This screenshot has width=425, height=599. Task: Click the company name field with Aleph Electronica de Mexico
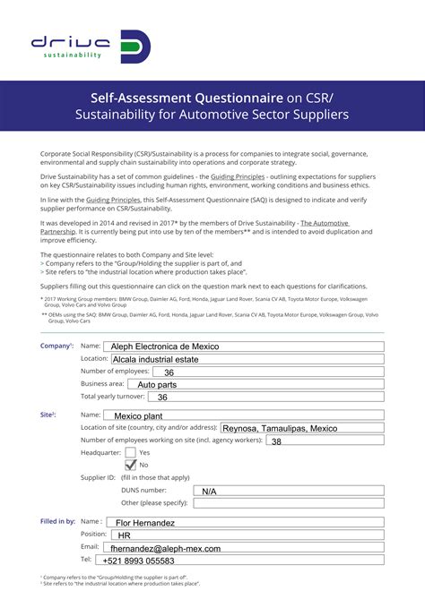click(x=242, y=346)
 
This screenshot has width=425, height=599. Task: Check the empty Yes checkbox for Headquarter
click(x=131, y=453)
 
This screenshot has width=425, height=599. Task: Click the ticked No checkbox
click(x=131, y=465)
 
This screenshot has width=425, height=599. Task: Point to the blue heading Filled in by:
click(x=57, y=521)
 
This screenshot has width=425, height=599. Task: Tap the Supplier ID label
click(x=99, y=477)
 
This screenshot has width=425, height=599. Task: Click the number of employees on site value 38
click(x=277, y=441)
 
